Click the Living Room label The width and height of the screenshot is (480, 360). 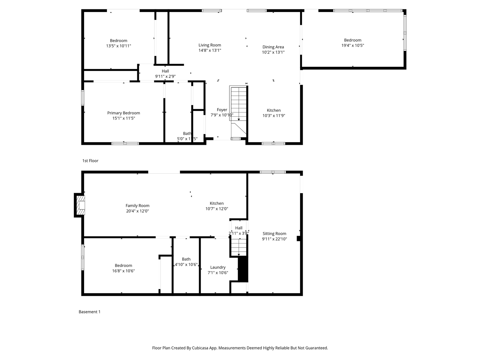210,45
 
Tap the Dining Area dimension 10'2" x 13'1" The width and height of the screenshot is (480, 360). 273,52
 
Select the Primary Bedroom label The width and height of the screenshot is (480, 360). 123,113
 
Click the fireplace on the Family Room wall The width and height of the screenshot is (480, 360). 80,205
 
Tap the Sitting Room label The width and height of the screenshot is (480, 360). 274,234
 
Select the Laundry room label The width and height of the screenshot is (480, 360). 217,267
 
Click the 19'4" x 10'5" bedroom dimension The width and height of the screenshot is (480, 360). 352,45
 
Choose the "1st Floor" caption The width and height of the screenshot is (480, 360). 90,161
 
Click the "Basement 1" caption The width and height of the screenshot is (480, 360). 89,312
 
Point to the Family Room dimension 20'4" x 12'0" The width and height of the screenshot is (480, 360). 137,211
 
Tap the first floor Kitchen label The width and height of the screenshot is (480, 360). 273,110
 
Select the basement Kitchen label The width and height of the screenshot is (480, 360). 216,203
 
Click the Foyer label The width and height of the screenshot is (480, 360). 222,110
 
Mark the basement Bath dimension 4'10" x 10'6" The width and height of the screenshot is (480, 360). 186,264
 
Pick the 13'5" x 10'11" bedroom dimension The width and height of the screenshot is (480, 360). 118,46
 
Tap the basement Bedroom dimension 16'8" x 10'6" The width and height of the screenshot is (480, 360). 123,271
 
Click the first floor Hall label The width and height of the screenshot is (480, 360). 165,71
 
